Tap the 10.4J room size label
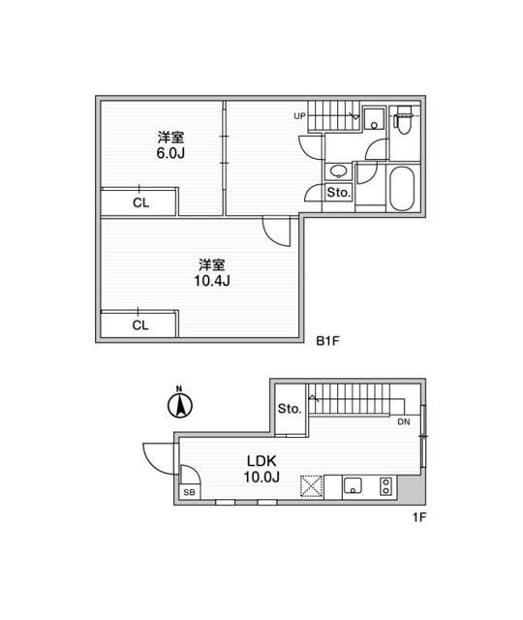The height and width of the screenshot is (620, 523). pyautogui.click(x=212, y=282)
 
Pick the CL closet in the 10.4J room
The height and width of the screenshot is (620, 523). pyautogui.click(x=140, y=325)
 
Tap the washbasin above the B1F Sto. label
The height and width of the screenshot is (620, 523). pyautogui.click(x=339, y=170)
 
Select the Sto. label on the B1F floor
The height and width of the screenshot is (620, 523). pyautogui.click(x=337, y=193)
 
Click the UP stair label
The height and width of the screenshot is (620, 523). pyautogui.click(x=301, y=117)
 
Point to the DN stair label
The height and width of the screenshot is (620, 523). pyautogui.click(x=403, y=422)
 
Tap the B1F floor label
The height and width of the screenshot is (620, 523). pyautogui.click(x=328, y=342)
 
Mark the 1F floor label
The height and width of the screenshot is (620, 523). pyautogui.click(x=418, y=516)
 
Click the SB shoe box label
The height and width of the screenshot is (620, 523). pyautogui.click(x=189, y=492)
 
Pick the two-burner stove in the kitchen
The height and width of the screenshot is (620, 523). pyautogui.click(x=386, y=485)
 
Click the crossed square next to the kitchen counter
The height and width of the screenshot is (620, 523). pyautogui.click(x=312, y=485)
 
